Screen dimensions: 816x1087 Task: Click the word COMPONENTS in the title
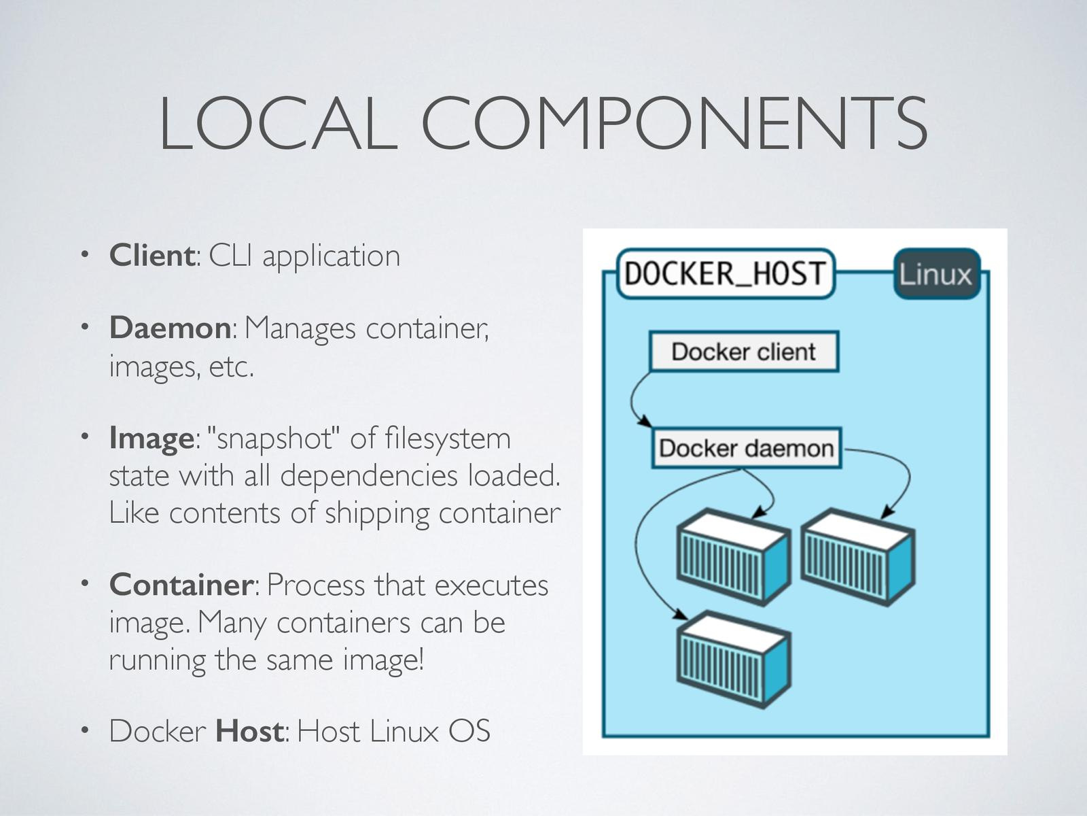[675, 124]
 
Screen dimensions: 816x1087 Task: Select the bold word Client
[152, 256]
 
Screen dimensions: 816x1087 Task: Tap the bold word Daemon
[170, 328]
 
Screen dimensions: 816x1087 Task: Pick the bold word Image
[151, 438]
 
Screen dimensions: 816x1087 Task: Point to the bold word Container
[181, 585]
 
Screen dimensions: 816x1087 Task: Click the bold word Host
[249, 732]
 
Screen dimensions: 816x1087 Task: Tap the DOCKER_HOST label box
[725, 274]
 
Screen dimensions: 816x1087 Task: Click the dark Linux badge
[936, 274]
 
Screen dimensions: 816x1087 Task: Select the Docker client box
[744, 352]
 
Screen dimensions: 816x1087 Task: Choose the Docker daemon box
[747, 448]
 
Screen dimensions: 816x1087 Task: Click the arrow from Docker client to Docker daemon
[633, 401]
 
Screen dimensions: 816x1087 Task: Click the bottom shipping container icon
[734, 658]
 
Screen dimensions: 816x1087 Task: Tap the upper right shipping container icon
[858, 556]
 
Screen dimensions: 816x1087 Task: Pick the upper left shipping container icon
[734, 556]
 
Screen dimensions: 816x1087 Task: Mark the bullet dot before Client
[84, 256]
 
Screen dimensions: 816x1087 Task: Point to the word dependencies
[369, 475]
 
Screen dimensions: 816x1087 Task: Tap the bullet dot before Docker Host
[84, 732]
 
